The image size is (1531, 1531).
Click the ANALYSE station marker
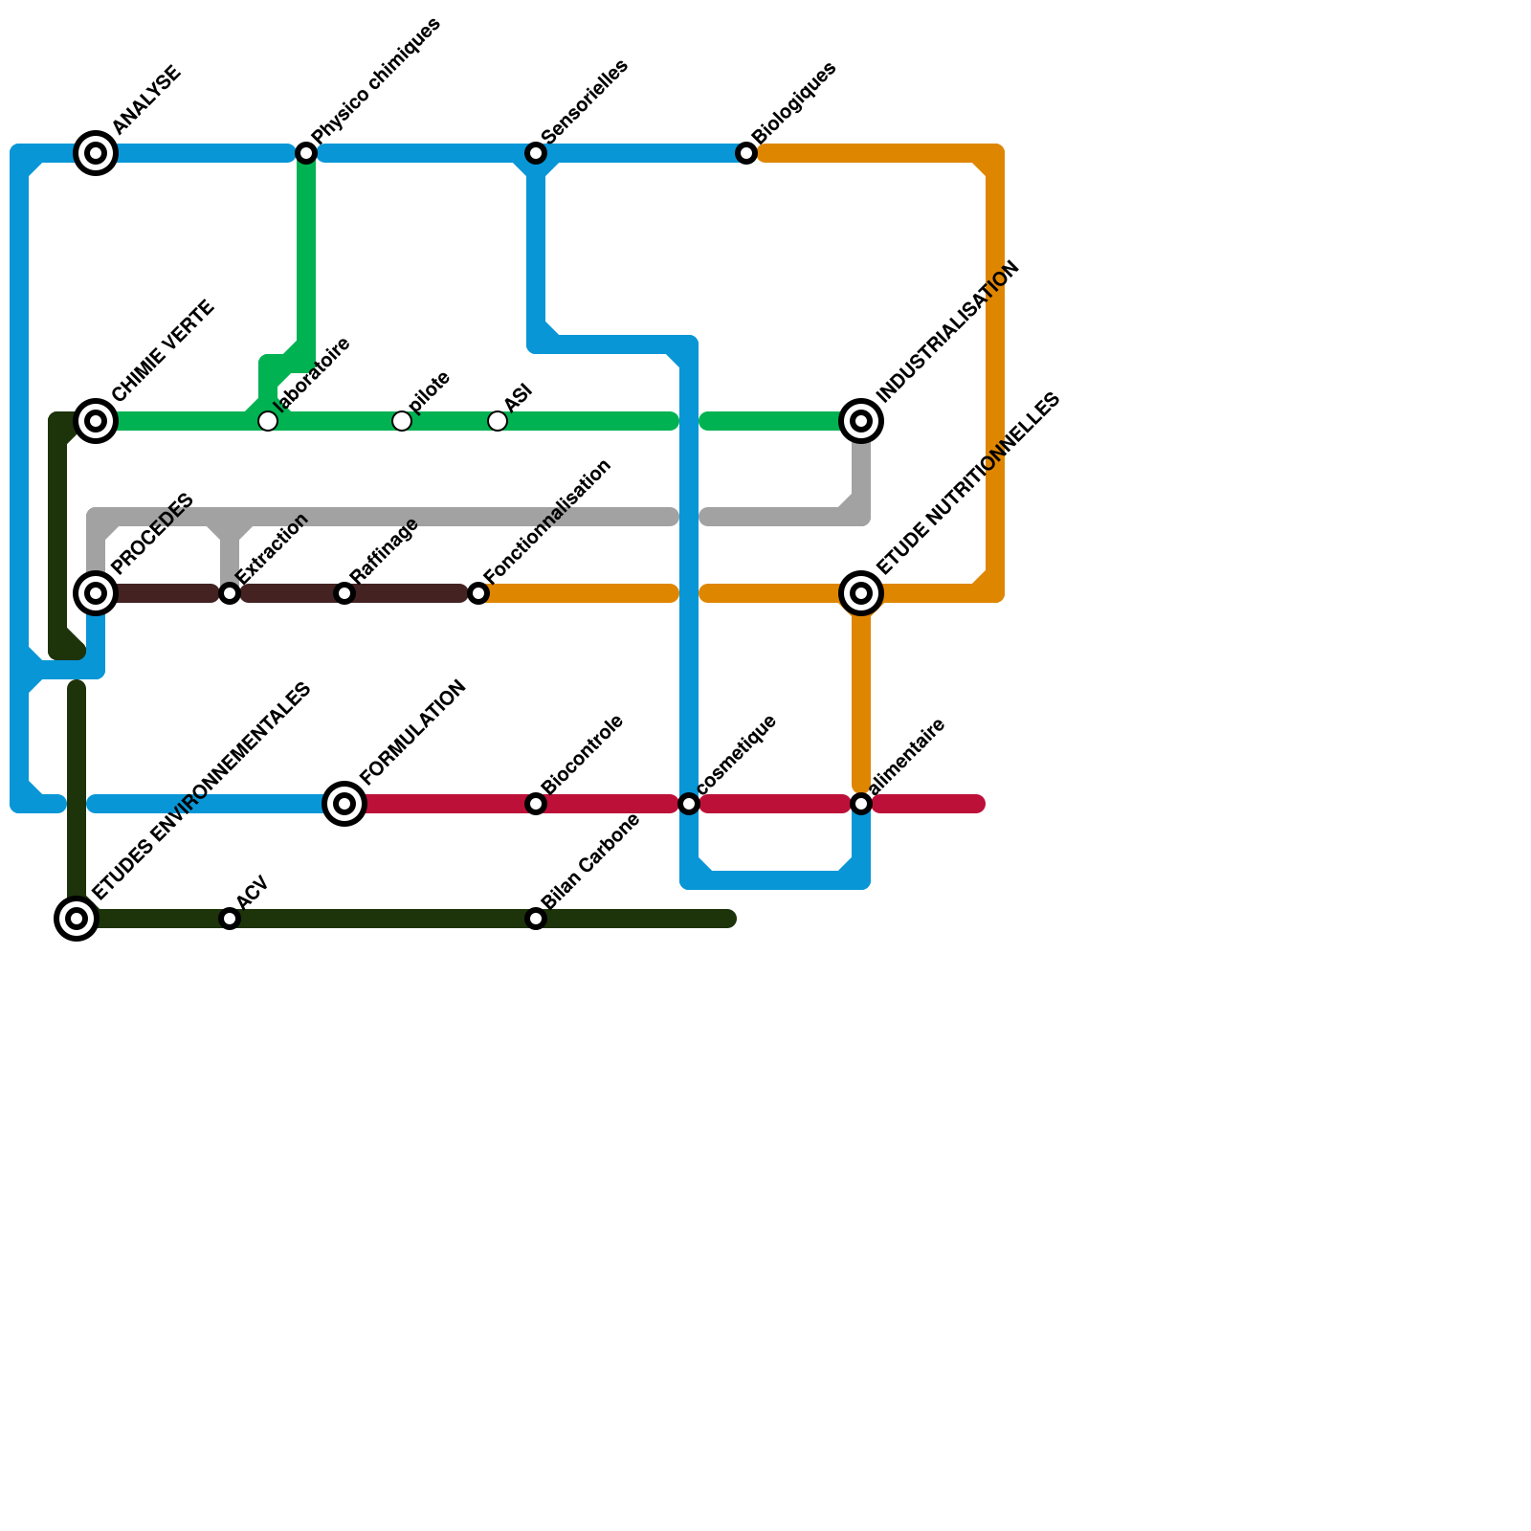tap(96, 153)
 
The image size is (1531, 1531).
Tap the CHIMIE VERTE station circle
tap(96, 421)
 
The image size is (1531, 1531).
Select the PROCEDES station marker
tap(96, 593)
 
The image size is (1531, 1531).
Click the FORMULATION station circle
tap(344, 804)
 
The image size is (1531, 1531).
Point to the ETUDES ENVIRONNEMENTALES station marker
tap(77, 919)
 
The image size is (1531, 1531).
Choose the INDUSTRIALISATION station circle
tap(861, 421)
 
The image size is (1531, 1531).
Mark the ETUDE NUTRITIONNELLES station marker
tap(861, 593)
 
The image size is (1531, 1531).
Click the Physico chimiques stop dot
tap(306, 153)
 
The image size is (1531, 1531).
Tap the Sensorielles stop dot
tap(536, 153)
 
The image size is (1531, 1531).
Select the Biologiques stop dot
tap(746, 153)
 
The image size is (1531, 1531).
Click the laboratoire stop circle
tap(268, 421)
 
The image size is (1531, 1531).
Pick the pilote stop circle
tap(402, 421)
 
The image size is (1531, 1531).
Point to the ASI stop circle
tap(498, 421)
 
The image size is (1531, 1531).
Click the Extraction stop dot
tap(230, 593)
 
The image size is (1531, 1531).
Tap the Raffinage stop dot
tap(344, 593)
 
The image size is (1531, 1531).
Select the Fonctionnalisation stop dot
tap(478, 593)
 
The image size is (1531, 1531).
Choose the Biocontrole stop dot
tap(536, 804)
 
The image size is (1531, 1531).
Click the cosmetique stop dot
tap(689, 804)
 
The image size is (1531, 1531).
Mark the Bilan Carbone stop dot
tap(536, 919)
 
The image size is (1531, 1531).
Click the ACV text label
tap(253, 892)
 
